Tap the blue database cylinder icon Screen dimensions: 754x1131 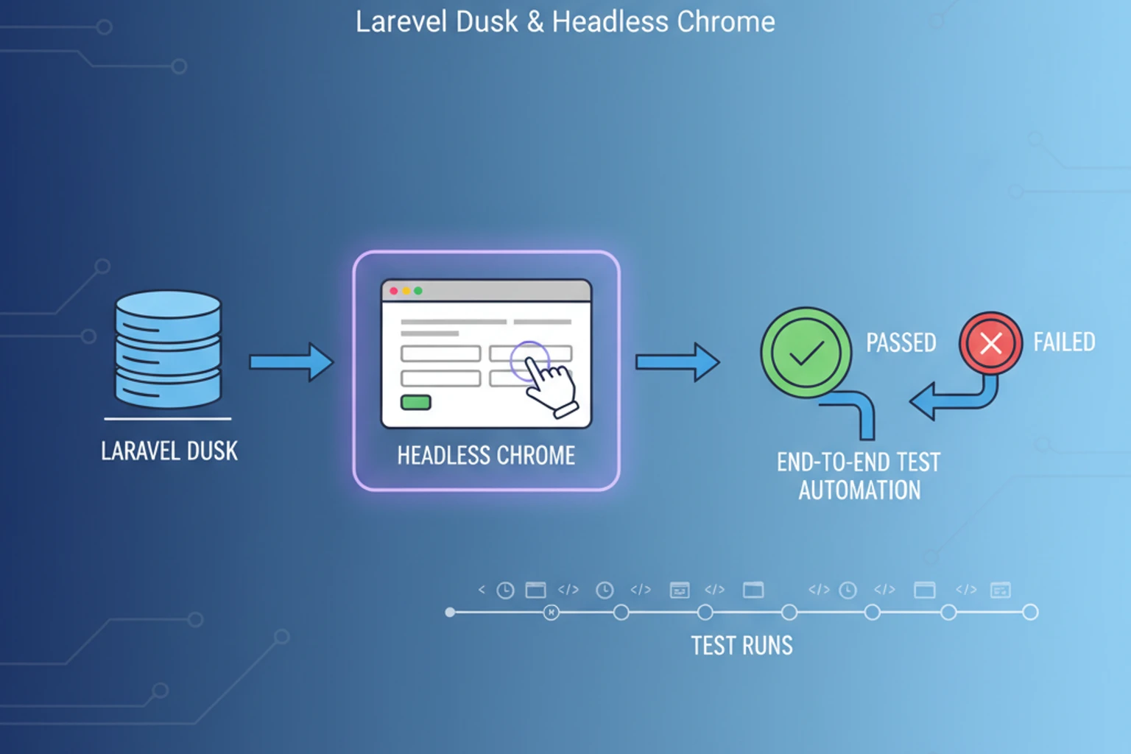click(x=168, y=349)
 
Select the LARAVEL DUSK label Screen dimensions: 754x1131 click(x=169, y=451)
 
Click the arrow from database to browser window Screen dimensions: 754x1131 click(x=291, y=362)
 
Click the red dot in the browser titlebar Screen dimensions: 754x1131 click(x=394, y=291)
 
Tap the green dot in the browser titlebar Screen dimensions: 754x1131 click(x=418, y=291)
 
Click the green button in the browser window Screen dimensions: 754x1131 click(x=415, y=402)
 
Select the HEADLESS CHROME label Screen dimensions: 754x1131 click(x=486, y=456)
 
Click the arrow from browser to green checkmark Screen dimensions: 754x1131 click(x=677, y=362)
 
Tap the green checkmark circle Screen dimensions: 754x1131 click(x=806, y=353)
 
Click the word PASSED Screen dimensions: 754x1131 click(x=901, y=342)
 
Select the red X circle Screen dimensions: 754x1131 click(x=990, y=343)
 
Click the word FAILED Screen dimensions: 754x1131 click(x=1064, y=342)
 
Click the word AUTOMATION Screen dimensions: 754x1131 click(x=859, y=490)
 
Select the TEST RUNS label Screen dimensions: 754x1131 click(x=741, y=646)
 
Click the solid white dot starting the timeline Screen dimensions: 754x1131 click(x=450, y=612)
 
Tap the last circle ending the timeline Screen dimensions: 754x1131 click(x=1030, y=612)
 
